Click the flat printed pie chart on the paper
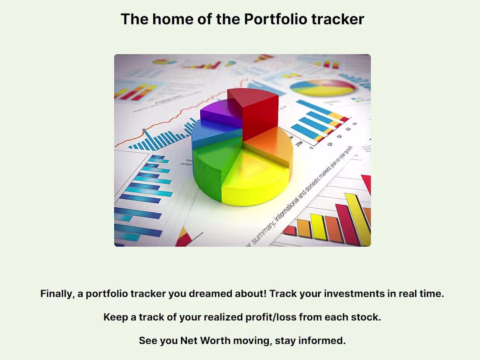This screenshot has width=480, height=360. click(x=323, y=87)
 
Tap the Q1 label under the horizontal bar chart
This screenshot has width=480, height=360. click(x=330, y=144)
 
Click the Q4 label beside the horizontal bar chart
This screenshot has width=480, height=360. click(x=354, y=123)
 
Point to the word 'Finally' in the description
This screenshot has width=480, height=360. click(x=57, y=294)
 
